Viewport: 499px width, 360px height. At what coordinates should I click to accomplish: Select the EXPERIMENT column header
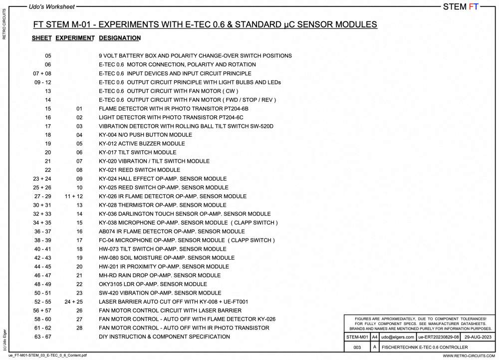pos(75,38)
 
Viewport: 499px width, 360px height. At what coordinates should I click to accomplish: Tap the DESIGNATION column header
pos(120,38)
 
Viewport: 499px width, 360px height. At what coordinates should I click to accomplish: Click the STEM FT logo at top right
pos(461,6)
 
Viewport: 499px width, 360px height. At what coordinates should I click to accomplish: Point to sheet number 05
pos(48,56)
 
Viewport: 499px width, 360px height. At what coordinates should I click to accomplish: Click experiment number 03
pos(79,126)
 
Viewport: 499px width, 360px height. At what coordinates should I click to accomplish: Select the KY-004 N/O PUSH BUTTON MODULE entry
pos(145,135)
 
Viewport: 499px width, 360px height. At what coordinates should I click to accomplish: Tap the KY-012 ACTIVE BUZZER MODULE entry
pos(142,144)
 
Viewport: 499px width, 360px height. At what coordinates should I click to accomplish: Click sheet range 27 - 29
pos(42,196)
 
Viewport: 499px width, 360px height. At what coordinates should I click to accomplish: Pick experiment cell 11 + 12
pos(74,196)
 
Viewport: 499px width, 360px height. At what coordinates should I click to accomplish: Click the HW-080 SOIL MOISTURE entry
pos(167,258)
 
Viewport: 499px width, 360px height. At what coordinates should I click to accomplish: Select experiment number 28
pos(79,328)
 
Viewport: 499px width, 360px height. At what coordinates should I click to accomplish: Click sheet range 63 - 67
pos(42,337)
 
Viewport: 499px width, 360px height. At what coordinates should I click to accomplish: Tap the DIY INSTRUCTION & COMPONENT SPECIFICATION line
pos(164,337)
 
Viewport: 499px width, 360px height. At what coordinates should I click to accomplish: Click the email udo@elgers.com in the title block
pos(397,338)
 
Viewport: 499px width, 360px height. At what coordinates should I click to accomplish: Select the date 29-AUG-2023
pos(478,338)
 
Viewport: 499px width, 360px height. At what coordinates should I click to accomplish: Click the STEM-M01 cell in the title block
pos(357,338)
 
